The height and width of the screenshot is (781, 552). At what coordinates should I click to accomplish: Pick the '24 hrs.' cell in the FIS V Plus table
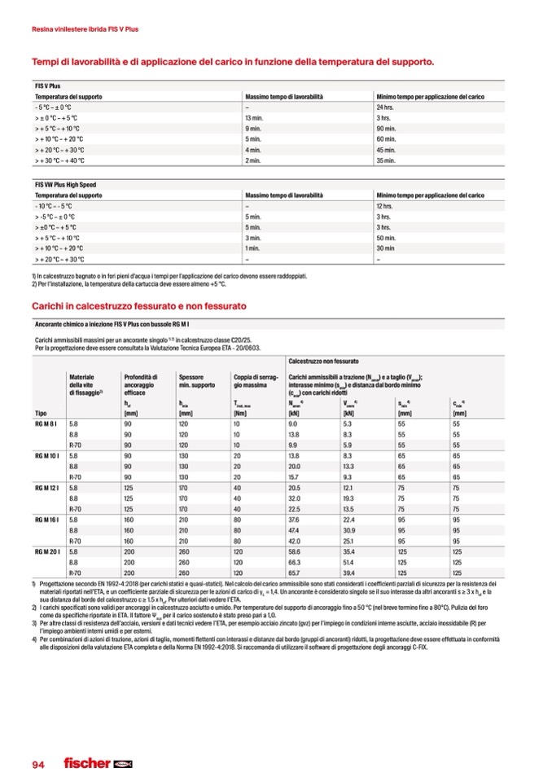click(x=385, y=107)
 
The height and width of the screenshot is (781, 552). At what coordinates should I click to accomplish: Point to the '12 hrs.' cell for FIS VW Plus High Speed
click(x=385, y=207)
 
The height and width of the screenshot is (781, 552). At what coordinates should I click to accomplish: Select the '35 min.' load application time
click(x=386, y=160)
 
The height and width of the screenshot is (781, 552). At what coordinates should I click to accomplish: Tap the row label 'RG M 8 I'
click(x=46, y=424)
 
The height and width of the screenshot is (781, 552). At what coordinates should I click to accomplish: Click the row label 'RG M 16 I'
click(x=48, y=519)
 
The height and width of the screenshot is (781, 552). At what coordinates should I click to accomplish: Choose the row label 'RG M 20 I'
click(x=48, y=551)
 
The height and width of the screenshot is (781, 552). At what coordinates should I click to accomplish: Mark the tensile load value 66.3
click(x=295, y=562)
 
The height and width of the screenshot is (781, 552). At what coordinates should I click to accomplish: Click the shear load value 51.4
click(x=349, y=562)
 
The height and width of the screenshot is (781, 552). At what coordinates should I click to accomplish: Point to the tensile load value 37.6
click(x=295, y=519)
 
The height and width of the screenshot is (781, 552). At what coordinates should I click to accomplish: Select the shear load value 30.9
click(x=349, y=529)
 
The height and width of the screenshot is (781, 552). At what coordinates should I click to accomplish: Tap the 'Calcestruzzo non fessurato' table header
click(x=323, y=360)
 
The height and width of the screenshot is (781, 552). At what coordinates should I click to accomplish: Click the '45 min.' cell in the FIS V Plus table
click(x=386, y=150)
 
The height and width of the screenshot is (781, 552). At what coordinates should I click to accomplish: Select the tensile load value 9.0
click(x=294, y=424)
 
